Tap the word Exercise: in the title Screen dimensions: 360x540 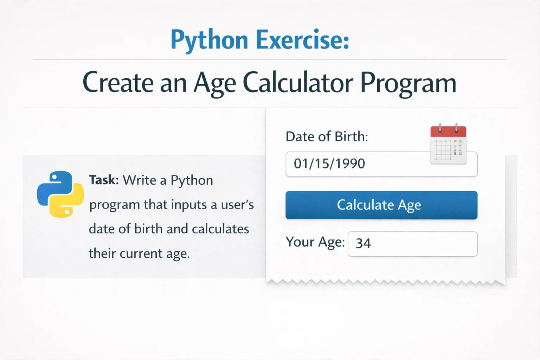pyautogui.click(x=302, y=40)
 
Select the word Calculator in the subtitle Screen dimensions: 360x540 pyautogui.click(x=298, y=83)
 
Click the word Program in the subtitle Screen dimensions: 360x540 pyautogui.click(x=408, y=84)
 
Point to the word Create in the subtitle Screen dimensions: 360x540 pyautogui.click(x=118, y=83)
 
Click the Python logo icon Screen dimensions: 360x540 pyautogui.click(x=60, y=194)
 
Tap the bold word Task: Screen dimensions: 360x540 pyautogui.click(x=104, y=180)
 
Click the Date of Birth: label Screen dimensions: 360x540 pyautogui.click(x=327, y=136)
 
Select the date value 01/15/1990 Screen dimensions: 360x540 pyautogui.click(x=329, y=163)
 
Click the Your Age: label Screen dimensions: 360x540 pyautogui.click(x=315, y=242)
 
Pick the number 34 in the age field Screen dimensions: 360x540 pyautogui.click(x=363, y=243)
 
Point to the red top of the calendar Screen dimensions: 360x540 pyautogui.click(x=448, y=131)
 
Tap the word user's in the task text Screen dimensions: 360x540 pyautogui.click(x=237, y=205)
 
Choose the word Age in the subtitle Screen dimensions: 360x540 pyautogui.click(x=215, y=84)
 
